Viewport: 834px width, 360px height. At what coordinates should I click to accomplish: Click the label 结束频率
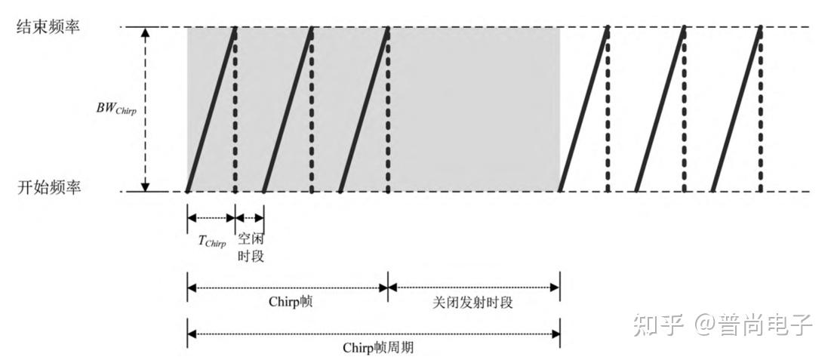coord(48,27)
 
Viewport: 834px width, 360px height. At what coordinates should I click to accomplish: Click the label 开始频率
coord(48,189)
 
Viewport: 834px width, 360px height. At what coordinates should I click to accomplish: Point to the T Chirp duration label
coord(212,242)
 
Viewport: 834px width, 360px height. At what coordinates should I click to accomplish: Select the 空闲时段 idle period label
coord(251,247)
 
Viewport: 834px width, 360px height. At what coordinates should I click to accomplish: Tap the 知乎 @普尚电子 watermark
coord(722,325)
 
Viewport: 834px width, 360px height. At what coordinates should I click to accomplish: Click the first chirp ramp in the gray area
coord(211,109)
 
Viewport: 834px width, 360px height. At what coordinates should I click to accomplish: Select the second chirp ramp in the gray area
coord(287,109)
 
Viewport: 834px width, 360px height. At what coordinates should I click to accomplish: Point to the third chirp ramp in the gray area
coord(363,109)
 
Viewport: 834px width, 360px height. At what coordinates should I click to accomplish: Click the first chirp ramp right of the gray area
coord(583,109)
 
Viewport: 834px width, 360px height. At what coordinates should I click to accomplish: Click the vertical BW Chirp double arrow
coord(146,110)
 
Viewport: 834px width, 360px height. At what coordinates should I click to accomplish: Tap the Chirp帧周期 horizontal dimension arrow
coord(374,333)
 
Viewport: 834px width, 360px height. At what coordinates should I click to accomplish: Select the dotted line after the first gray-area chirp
coord(235,109)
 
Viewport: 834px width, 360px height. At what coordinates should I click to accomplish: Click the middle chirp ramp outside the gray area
coord(660,109)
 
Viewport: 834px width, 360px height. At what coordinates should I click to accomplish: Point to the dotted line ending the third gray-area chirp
coord(387,109)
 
